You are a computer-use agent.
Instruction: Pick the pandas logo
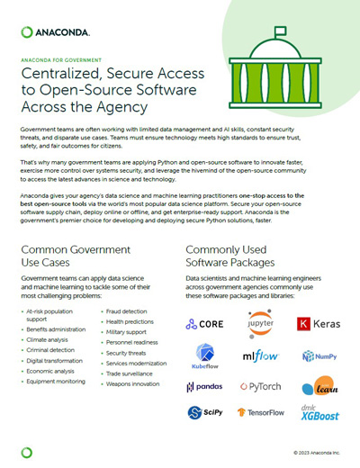(x=204, y=387)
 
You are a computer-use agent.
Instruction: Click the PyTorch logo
(x=261, y=387)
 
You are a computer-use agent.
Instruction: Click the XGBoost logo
(x=319, y=412)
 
